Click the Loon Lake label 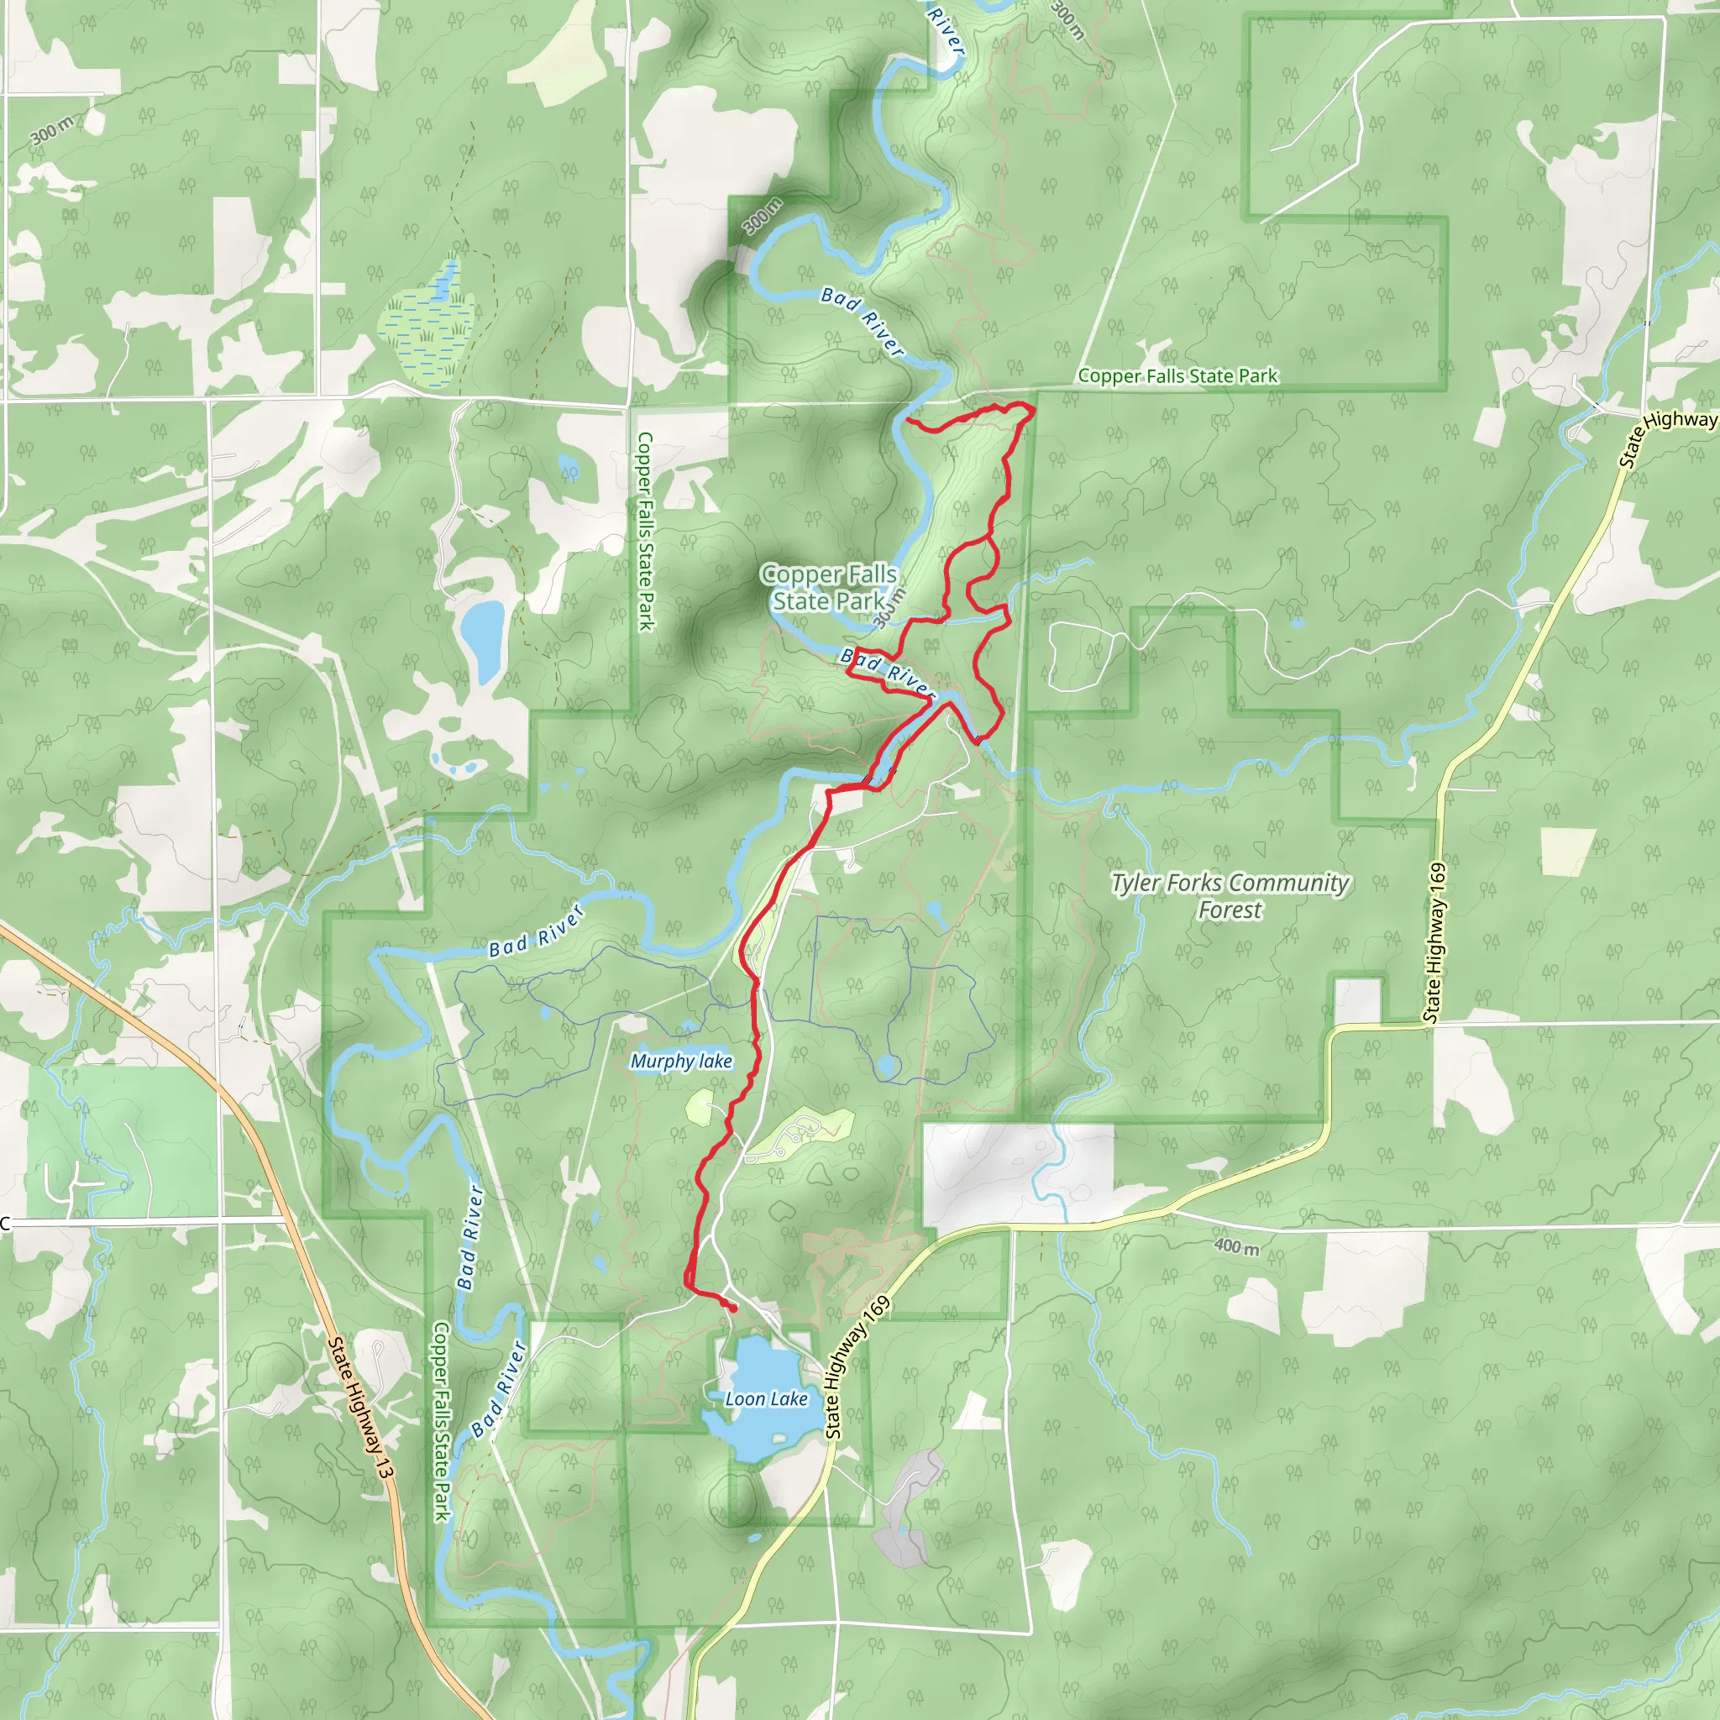tap(766, 1399)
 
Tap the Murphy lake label tap(681, 1062)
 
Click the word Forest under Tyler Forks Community tap(1230, 910)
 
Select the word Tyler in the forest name tap(1136, 884)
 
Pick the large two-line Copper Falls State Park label tap(829, 588)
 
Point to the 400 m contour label tap(1236, 1246)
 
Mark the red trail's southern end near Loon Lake tap(732, 1308)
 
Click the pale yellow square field tap(1568, 852)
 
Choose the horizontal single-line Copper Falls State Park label tap(1177, 376)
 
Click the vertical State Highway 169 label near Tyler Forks tap(1435, 942)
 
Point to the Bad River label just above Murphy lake tap(536, 931)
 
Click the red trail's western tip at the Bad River tap(907, 418)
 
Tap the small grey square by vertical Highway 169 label tap(1358, 1000)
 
